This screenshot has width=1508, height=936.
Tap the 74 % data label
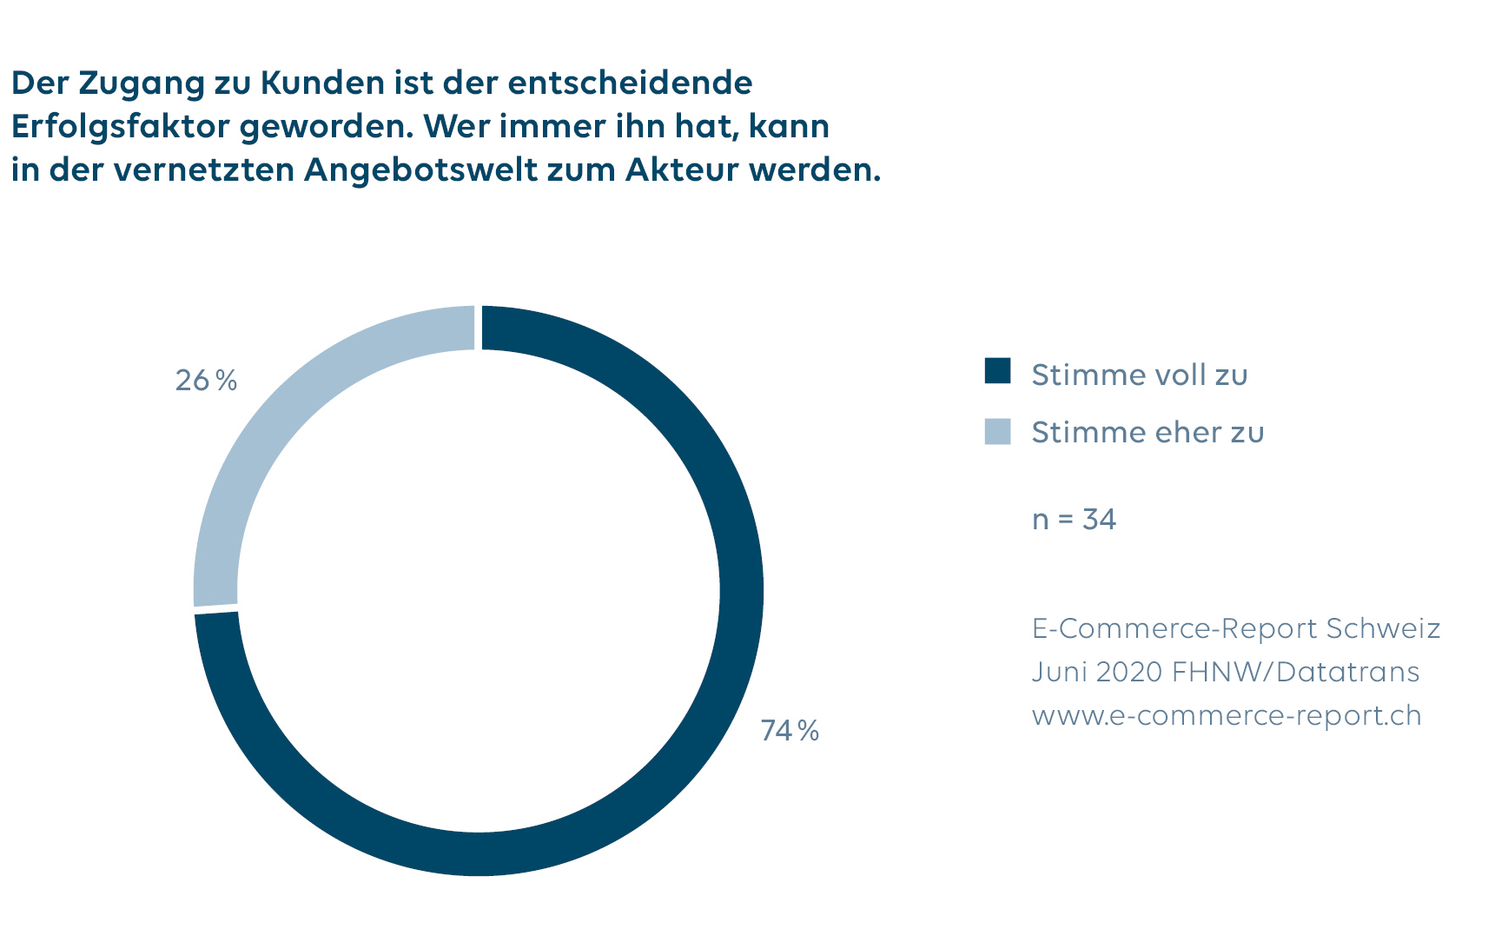790,731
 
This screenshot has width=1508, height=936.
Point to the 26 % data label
206,381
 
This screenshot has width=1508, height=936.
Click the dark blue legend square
997,371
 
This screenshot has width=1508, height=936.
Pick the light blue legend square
997,432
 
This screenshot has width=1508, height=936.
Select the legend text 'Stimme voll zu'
1139,375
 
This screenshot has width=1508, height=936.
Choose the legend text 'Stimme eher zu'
1147,432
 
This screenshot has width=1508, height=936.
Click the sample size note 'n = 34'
1074,520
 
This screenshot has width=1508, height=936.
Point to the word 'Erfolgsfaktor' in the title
119,127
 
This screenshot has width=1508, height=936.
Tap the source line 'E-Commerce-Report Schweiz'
1235,628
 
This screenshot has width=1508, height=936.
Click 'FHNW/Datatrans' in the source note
1295,672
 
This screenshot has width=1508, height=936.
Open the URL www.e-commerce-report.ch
1227,715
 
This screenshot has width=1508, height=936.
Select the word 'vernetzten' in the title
204,170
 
